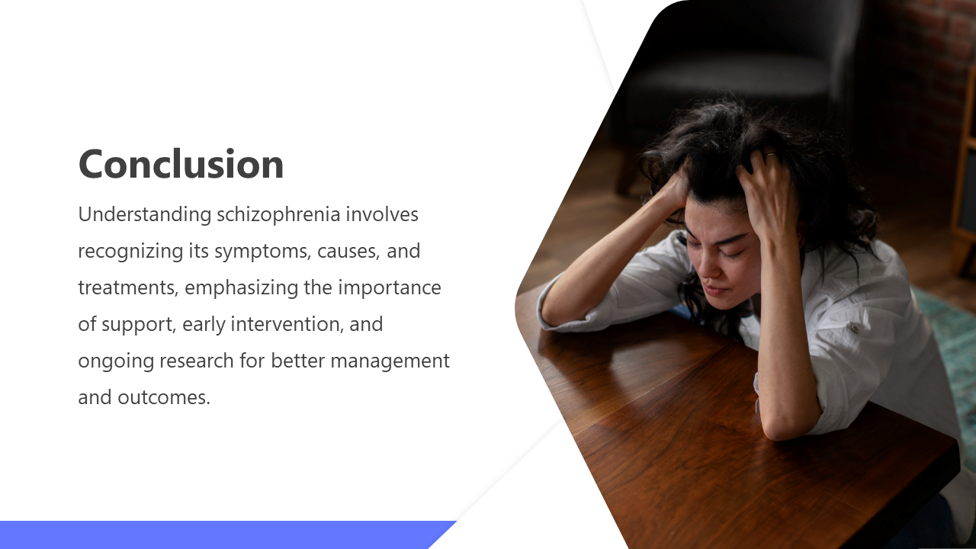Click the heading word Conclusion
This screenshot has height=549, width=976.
coord(181,164)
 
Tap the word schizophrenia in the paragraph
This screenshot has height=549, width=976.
coord(278,215)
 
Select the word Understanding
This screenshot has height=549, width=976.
coord(145,215)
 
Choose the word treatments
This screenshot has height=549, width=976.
coord(128,287)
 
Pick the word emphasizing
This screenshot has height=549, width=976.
coord(242,288)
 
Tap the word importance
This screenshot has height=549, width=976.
coord(390,288)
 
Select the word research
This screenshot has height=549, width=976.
coord(197,361)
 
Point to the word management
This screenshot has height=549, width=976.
coord(390,361)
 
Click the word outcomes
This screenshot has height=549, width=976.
coord(164,397)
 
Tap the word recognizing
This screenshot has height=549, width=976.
coord(130,252)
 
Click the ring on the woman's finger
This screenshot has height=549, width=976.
coord(771,154)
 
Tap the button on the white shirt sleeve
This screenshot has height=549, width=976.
coord(856,328)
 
